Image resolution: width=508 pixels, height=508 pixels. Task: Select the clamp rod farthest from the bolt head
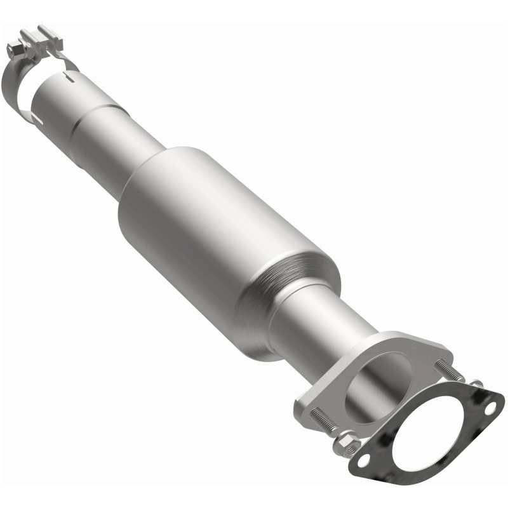pos(44,32)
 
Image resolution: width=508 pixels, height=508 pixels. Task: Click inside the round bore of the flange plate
pos(371,381)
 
